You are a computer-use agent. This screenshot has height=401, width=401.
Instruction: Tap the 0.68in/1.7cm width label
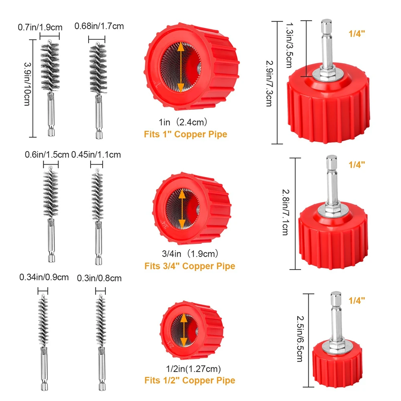(x=99, y=26)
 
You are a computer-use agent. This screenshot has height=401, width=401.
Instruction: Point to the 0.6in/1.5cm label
(x=47, y=154)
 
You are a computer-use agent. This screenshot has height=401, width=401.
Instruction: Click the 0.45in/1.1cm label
(x=96, y=154)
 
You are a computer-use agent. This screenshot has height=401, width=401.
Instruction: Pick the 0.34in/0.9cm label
(x=44, y=277)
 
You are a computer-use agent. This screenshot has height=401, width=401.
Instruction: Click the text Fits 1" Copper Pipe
(x=185, y=134)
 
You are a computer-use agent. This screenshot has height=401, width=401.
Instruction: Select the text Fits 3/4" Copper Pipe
(x=190, y=266)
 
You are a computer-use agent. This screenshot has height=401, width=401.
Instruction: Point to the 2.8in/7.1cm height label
(x=285, y=213)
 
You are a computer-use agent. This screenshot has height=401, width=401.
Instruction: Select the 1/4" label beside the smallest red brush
(x=357, y=300)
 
